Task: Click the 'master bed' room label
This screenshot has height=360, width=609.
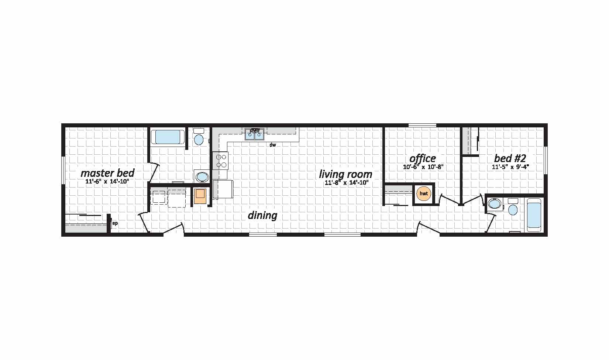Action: click(x=108, y=173)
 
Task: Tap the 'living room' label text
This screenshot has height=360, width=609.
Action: click(x=345, y=174)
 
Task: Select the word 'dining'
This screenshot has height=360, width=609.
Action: click(x=262, y=215)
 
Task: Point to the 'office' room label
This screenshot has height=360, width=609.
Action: click(x=423, y=158)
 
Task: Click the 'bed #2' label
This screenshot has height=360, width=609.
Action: click(x=510, y=158)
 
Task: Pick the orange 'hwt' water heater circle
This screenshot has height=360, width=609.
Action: click(x=424, y=193)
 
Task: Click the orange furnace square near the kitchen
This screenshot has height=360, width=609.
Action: click(x=201, y=196)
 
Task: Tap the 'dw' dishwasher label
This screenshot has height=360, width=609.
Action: click(x=273, y=145)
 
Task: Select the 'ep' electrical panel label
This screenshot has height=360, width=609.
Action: click(x=115, y=223)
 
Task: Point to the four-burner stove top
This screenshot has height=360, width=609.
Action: click(x=221, y=160)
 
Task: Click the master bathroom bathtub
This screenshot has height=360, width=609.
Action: click(x=168, y=137)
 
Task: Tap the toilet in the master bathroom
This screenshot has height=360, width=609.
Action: click(x=199, y=137)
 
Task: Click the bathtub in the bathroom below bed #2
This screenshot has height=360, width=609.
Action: click(x=534, y=215)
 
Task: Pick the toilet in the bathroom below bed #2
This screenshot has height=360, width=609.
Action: click(x=513, y=207)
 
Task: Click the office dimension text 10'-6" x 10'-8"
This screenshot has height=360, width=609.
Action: click(x=423, y=167)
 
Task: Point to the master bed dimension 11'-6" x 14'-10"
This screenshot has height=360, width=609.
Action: click(x=107, y=181)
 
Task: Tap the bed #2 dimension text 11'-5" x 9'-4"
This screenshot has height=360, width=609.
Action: click(x=510, y=167)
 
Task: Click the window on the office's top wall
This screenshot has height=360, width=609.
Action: click(x=422, y=125)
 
